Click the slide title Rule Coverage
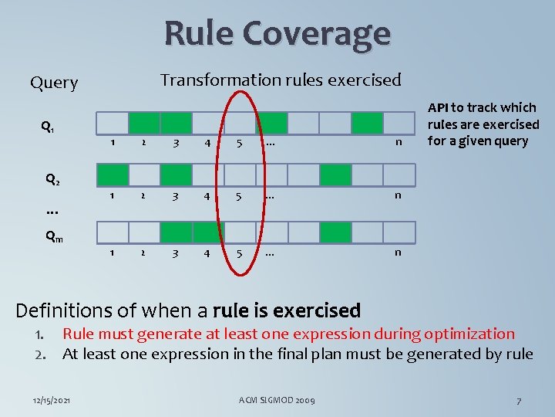coord(277,33)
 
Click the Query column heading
coord(54,83)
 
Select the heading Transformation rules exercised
coord(280,80)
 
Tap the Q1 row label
coord(47,127)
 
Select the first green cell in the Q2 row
coord(335,175)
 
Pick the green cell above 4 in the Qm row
coord(207,232)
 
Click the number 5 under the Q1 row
coord(240,143)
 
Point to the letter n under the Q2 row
coord(398,195)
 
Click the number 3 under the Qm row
coord(176,253)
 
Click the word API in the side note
coord(439,108)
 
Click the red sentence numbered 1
coord(288,334)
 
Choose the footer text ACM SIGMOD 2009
coord(277,400)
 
